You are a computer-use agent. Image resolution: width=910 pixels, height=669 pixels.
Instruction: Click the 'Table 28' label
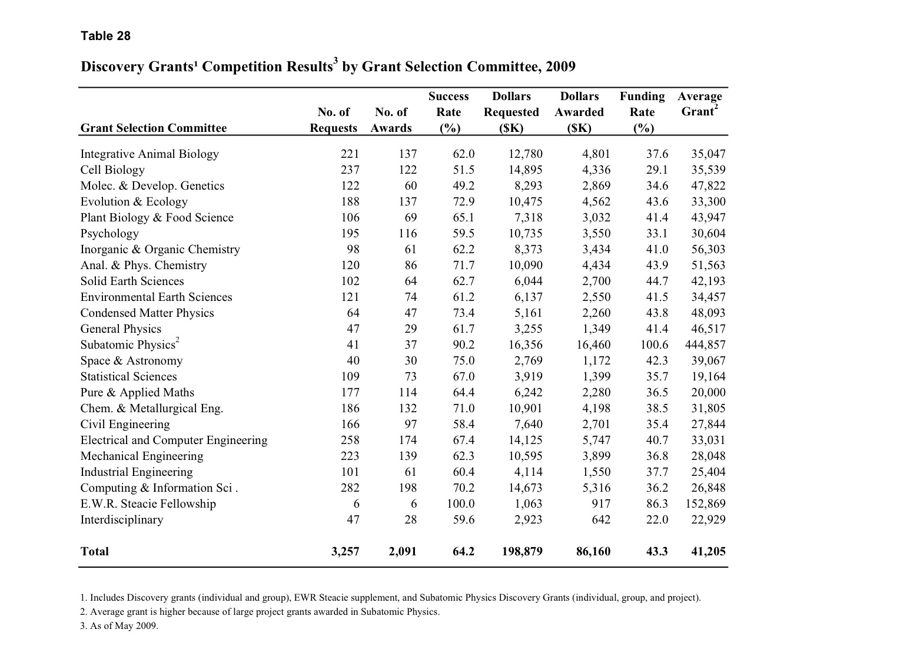(105, 36)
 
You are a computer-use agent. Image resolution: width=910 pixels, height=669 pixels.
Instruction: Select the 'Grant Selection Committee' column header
(153, 128)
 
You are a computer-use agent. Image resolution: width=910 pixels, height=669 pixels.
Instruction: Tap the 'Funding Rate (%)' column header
(642, 112)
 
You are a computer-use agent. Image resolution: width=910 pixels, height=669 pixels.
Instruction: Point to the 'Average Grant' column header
(699, 104)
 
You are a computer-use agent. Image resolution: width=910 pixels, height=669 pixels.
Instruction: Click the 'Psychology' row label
(109, 233)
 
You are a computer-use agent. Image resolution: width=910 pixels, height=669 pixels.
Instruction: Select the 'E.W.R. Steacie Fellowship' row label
(148, 504)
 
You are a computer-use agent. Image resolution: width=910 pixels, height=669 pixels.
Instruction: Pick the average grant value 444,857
(705, 345)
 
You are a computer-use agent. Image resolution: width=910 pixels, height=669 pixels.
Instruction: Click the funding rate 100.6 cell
(654, 345)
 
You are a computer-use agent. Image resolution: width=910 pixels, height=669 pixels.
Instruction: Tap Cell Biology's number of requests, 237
(350, 170)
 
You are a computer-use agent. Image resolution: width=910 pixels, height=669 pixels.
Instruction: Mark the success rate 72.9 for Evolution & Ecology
(463, 201)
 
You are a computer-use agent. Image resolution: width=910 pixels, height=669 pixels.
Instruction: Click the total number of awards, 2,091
(403, 551)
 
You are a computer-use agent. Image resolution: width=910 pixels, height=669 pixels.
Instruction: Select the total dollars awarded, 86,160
(593, 551)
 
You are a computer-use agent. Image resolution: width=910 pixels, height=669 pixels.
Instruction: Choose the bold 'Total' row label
(95, 551)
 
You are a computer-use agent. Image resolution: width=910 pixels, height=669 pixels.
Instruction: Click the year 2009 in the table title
(560, 66)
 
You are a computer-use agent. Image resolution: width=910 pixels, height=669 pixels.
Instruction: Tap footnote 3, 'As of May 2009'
(119, 625)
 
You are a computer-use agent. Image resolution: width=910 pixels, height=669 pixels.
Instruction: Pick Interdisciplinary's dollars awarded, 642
(600, 519)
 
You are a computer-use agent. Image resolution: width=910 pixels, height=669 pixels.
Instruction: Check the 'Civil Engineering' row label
(125, 424)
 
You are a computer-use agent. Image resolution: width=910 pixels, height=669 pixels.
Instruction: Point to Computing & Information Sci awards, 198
(407, 488)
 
